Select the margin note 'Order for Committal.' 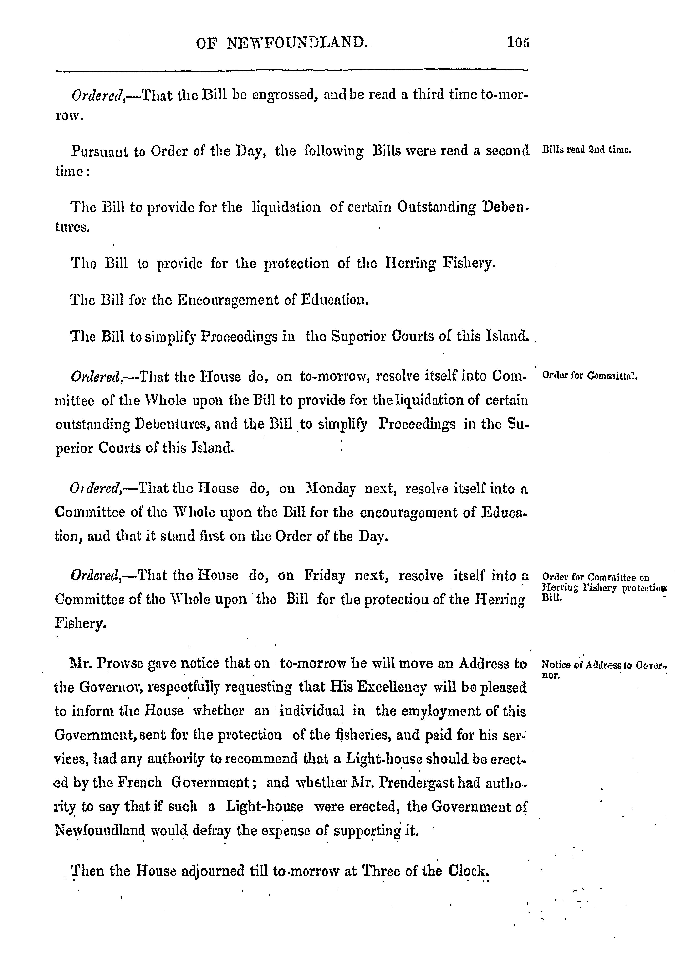tap(589, 376)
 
